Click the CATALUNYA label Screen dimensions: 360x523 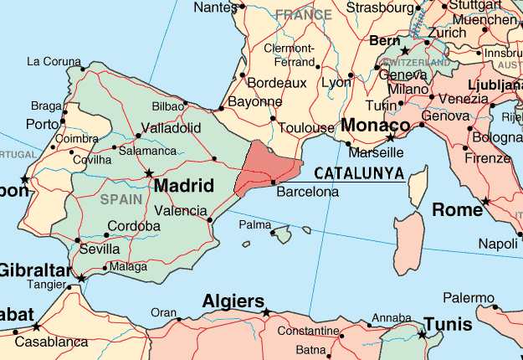pos(359,173)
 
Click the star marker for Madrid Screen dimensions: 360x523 pos(150,173)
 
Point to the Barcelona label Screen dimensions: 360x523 pos(307,192)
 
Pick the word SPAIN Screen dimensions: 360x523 pos(121,199)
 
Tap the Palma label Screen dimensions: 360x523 pos(255,225)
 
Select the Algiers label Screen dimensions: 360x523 pos(233,301)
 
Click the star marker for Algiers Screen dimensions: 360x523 pos(267,313)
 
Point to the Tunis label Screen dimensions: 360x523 pos(453,324)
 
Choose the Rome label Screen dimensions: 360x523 pos(457,209)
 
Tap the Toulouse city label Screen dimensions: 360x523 pos(306,128)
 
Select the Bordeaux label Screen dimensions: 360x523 pos(279,83)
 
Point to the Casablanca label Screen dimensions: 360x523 pos(51,342)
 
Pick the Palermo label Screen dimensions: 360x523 pos(469,297)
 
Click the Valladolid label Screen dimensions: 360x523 pos(172,127)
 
